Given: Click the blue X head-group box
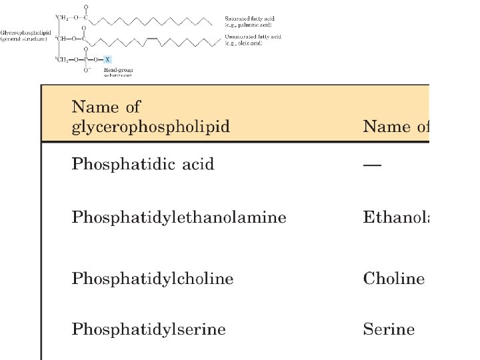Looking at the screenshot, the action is click(108, 59).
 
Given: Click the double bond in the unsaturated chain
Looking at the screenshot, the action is click(152, 40).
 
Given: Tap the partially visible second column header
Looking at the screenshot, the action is click(396, 126).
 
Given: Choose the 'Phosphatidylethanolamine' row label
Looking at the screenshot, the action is click(179, 217).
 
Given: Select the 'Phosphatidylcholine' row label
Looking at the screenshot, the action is click(153, 279).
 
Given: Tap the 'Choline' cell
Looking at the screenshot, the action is click(393, 279).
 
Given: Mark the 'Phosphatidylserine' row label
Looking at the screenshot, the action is click(149, 329).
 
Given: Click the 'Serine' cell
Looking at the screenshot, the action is click(389, 329).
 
